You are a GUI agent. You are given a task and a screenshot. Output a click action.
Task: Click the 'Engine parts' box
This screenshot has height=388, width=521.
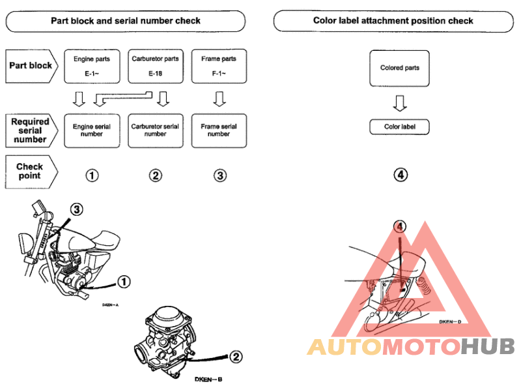point(92,66)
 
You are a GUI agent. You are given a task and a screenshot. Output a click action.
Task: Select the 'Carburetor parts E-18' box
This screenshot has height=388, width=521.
point(155,66)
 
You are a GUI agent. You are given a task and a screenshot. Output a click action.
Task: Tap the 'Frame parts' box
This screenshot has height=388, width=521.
point(219,66)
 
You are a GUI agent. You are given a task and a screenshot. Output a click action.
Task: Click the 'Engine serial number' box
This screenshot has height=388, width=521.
point(92,130)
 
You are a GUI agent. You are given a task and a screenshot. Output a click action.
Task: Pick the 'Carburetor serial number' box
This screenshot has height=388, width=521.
point(155,130)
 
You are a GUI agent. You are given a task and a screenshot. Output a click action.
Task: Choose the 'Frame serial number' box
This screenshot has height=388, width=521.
point(219,130)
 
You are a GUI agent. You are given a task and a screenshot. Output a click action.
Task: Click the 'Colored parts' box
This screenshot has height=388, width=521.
point(400,68)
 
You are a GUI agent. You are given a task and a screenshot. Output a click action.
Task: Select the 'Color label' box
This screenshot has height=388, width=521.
point(400,127)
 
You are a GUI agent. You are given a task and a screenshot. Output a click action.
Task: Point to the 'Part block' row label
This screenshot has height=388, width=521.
point(31,66)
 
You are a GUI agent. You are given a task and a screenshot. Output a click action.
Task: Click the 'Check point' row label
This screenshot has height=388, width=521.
point(29,172)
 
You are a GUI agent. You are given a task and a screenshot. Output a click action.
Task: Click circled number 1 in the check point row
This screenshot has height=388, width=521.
point(92,175)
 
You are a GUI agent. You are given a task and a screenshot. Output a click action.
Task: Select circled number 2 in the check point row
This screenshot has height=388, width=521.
point(155,175)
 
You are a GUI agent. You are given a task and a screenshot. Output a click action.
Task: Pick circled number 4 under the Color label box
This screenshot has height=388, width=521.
point(400,175)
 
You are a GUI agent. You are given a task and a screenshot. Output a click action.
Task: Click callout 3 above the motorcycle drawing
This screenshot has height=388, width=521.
point(77,209)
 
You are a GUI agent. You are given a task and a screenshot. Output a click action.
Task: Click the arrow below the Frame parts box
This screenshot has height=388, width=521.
point(219,99)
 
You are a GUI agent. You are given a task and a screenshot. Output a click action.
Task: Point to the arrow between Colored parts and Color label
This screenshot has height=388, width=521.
point(400,102)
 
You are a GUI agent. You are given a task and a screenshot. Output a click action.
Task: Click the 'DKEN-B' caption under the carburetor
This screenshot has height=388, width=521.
point(208,379)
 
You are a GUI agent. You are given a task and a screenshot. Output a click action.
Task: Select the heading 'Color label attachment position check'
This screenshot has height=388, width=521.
point(393,21)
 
